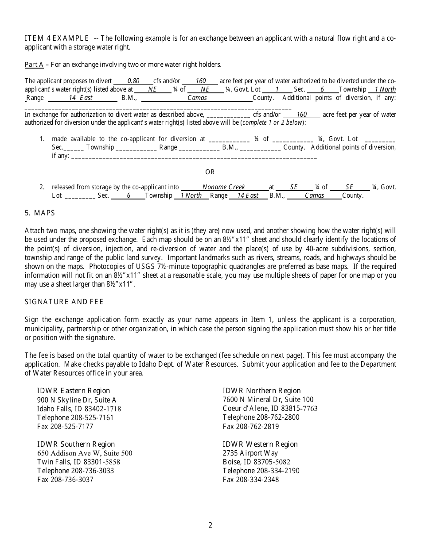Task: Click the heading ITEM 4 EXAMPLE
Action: [x=57, y=38]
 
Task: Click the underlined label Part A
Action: [x=34, y=65]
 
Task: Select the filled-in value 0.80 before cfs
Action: [x=133, y=81]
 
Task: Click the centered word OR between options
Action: [x=210, y=172]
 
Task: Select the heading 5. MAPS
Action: [x=40, y=213]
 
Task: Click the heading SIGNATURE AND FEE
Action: [x=64, y=302]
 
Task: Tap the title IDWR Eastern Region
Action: [x=74, y=391]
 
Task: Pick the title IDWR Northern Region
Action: [x=261, y=391]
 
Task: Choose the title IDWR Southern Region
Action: [x=76, y=444]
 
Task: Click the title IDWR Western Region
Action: [x=260, y=444]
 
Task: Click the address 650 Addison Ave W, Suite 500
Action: [x=85, y=453]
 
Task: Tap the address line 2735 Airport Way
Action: [x=250, y=453]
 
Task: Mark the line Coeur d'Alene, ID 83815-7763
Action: [x=270, y=408]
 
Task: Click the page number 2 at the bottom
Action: [x=210, y=525]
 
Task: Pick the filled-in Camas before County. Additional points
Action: [x=197, y=98]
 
